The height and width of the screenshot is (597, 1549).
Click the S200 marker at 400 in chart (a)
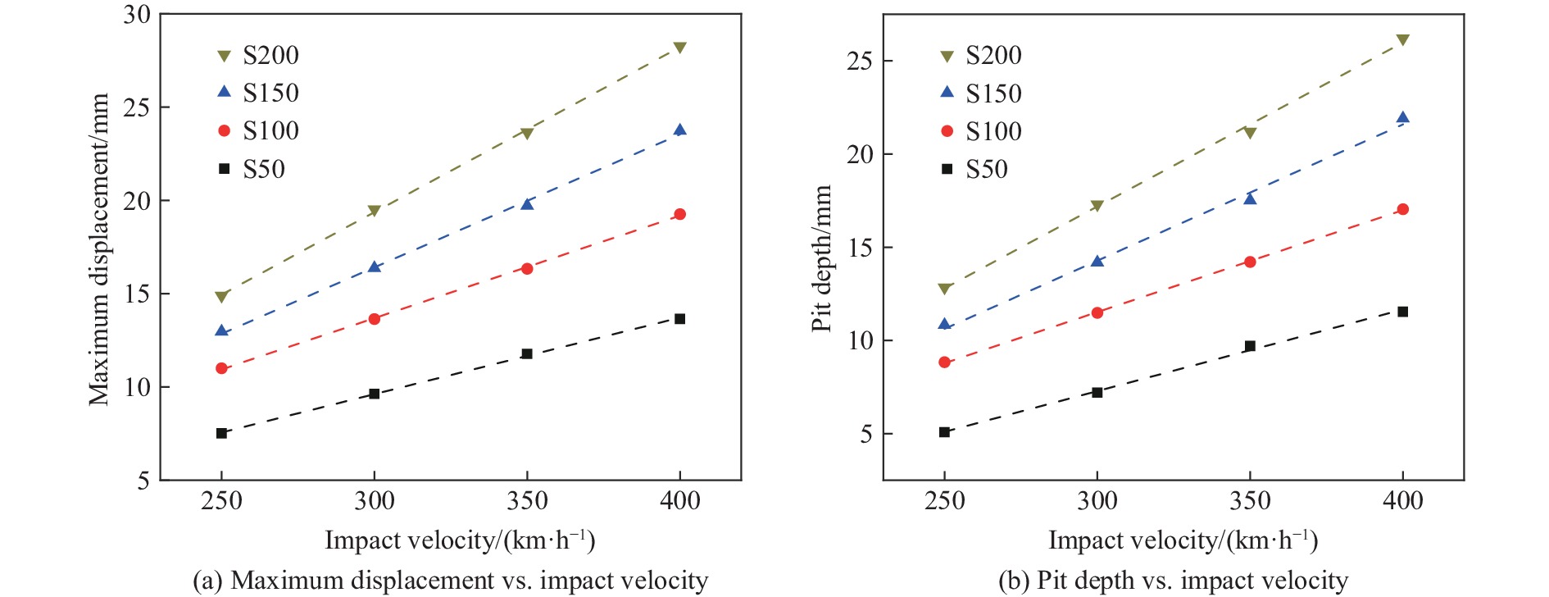coord(679,48)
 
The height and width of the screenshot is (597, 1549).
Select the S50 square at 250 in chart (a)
coord(221,433)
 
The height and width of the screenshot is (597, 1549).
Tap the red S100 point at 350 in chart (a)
coord(527,269)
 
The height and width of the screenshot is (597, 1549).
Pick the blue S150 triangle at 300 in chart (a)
coord(375,267)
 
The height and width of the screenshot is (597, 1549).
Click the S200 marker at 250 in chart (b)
coord(944,289)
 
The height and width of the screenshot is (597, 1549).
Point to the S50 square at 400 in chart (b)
coord(1402,312)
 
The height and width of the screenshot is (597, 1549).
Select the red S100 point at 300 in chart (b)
coord(1097,312)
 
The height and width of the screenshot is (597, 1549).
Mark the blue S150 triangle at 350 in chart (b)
coord(1250,198)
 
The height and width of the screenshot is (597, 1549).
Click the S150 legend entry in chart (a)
coord(257,93)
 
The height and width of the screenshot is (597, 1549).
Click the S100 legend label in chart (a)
coord(270,130)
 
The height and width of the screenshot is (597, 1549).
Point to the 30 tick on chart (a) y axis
coord(137,15)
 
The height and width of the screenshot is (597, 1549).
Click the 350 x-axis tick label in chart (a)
coord(527,500)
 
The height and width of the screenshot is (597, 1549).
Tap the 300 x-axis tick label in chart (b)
coord(1097,500)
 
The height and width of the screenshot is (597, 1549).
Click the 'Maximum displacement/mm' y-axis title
coord(99,249)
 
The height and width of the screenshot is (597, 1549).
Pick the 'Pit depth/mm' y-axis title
coord(822,258)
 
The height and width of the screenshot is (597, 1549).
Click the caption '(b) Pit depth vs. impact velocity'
coord(1173,581)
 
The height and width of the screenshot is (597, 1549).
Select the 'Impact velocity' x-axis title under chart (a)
coord(460,540)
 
